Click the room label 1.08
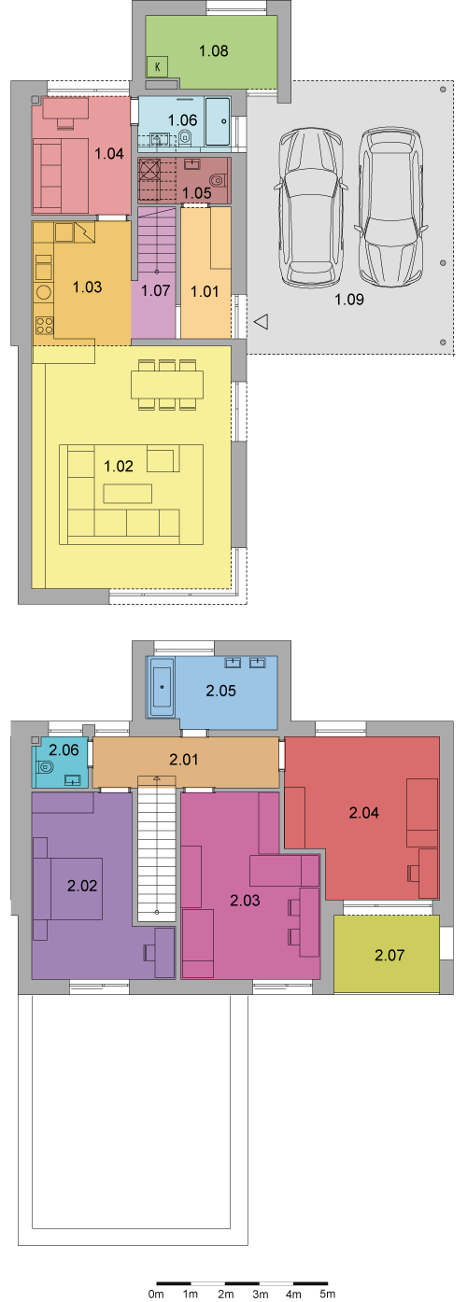(x=214, y=51)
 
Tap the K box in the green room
(x=158, y=67)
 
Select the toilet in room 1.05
(x=218, y=178)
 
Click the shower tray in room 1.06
(x=218, y=121)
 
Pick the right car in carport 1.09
(x=389, y=207)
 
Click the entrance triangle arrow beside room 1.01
(x=262, y=321)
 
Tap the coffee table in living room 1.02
(x=128, y=494)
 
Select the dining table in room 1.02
(x=167, y=385)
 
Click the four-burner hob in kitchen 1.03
(x=44, y=324)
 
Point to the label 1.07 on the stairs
(x=156, y=290)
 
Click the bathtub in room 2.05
(x=162, y=686)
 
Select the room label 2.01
(x=184, y=759)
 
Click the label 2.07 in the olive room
(x=389, y=955)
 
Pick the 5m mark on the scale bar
(x=328, y=1294)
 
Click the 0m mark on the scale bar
(x=156, y=1294)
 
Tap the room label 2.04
(x=364, y=813)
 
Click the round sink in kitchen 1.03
(x=44, y=292)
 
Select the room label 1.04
(x=109, y=153)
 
